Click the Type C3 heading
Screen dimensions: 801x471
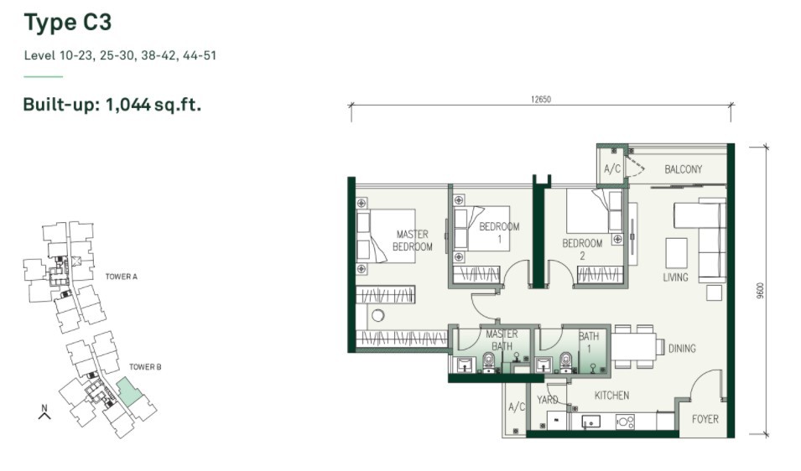point(67,23)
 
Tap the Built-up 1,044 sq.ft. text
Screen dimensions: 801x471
point(112,105)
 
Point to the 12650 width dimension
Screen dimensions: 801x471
point(541,100)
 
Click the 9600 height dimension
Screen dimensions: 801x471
point(761,290)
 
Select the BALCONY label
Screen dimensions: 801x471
point(683,169)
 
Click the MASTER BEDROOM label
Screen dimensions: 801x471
point(413,241)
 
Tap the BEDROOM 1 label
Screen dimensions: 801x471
point(499,232)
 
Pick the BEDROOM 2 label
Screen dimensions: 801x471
point(582,249)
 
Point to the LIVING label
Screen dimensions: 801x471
point(675,277)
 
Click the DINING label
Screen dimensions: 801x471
point(682,349)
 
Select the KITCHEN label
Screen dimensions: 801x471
point(611,396)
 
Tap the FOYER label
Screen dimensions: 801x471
point(705,420)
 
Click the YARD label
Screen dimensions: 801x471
point(547,400)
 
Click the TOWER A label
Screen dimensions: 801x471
point(121,277)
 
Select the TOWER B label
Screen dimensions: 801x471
point(145,367)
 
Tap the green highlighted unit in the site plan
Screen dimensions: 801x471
point(127,391)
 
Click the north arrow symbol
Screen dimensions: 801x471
point(44,412)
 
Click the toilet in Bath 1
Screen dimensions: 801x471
point(566,362)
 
